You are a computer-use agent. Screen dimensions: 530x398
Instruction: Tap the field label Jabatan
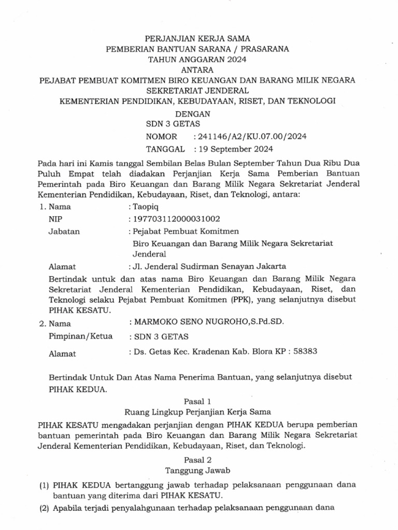(x=64, y=231)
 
